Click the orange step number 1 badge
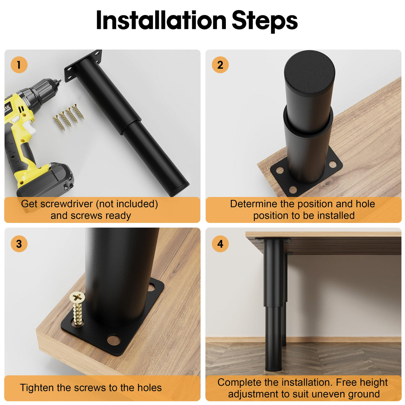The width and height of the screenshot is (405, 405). [19, 64]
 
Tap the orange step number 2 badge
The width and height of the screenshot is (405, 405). [220, 64]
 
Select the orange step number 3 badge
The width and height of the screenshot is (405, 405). [19, 244]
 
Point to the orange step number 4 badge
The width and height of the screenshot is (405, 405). [220, 244]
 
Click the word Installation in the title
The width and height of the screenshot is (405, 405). [161, 20]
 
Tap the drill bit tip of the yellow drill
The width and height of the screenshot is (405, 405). [60, 80]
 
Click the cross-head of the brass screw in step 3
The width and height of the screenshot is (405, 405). [77, 298]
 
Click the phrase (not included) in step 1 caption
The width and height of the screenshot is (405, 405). [127, 204]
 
